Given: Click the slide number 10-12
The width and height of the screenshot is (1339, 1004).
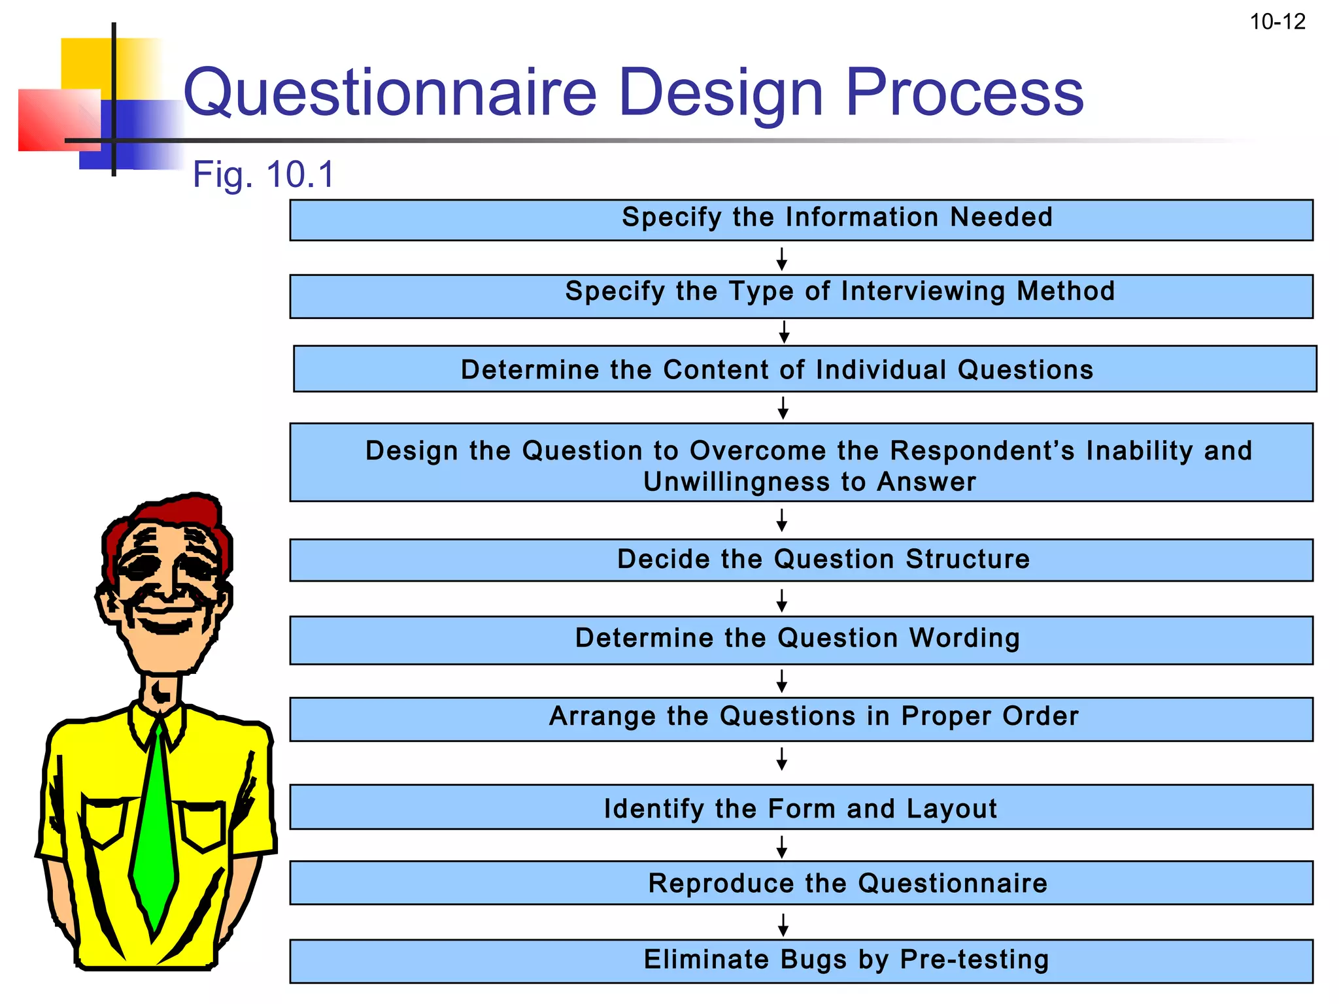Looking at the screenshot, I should click(1277, 22).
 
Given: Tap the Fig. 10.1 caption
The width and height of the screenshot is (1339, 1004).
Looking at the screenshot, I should click(263, 175).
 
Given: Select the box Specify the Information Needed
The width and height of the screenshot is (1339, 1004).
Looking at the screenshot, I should click(801, 220).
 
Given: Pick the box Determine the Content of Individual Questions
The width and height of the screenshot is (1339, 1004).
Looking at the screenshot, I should click(804, 369).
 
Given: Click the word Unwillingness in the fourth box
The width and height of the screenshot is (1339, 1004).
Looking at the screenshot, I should click(737, 482).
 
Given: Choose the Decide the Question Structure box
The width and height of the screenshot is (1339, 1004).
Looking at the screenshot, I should click(801, 560).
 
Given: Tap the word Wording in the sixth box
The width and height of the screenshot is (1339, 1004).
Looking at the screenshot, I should click(964, 638).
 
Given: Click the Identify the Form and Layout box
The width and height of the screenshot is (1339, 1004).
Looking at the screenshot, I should click(801, 808).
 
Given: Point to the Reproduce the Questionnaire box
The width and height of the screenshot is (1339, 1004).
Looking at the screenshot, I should click(801, 883).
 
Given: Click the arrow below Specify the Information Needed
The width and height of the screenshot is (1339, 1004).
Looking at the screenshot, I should click(781, 259).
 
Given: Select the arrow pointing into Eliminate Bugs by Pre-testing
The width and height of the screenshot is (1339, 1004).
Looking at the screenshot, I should click(783, 925).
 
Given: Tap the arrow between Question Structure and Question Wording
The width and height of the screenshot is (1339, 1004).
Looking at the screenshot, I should click(781, 600).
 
